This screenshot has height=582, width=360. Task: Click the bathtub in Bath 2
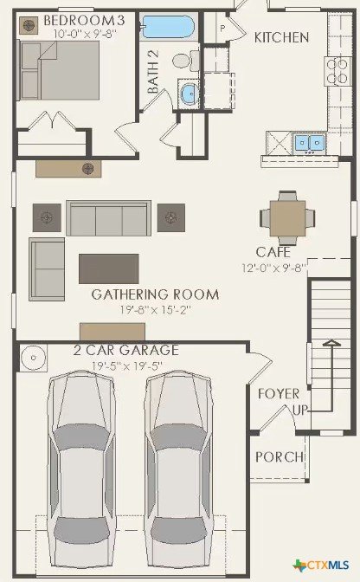pyautogui.click(x=168, y=27)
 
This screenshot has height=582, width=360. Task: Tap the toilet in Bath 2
pyautogui.click(x=186, y=61)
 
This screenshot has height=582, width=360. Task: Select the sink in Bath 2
pyautogui.click(x=190, y=94)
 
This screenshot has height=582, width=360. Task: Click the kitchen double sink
pyautogui.click(x=310, y=143)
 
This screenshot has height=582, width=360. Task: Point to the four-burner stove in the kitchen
pyautogui.click(x=338, y=71)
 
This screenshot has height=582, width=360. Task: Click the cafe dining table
pyautogui.click(x=287, y=218)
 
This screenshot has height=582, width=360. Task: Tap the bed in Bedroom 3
pyautogui.click(x=60, y=70)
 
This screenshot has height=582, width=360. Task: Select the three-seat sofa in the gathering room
pyautogui.click(x=109, y=218)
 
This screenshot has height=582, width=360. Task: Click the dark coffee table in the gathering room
pyautogui.click(x=109, y=268)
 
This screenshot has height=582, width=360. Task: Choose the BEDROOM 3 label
pyautogui.click(x=84, y=20)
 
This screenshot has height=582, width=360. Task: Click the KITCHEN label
pyautogui.click(x=281, y=37)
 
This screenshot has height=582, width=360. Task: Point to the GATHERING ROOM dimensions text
pyautogui.click(x=156, y=309)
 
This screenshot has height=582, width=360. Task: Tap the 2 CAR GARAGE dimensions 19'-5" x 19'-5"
pyautogui.click(x=127, y=366)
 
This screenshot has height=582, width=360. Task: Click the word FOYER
pyautogui.click(x=279, y=394)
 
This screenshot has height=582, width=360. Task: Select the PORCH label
pyautogui.click(x=280, y=457)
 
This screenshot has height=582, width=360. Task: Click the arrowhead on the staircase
pyautogui.click(x=331, y=343)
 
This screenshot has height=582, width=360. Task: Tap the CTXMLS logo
pyautogui.click(x=321, y=565)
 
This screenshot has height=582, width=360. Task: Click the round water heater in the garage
pyautogui.click(x=34, y=358)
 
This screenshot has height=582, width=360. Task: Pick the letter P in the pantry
pyautogui.click(x=222, y=28)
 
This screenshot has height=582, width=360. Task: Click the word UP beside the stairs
pyautogui.click(x=300, y=410)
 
